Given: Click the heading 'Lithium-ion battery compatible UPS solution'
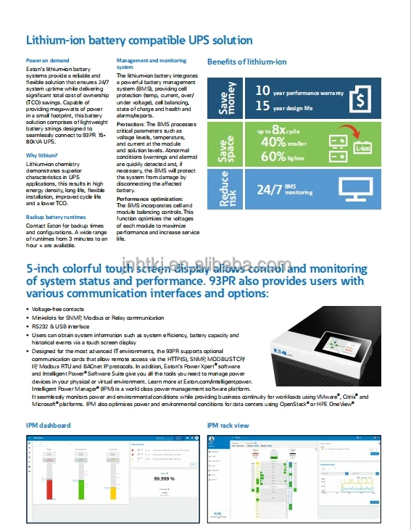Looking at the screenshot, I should point(139,40).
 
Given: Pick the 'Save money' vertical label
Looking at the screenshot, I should point(225,99).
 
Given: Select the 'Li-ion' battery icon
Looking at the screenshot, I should point(362,148).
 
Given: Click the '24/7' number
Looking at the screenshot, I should point(270,190).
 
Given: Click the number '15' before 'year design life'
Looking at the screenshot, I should point(262,107).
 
